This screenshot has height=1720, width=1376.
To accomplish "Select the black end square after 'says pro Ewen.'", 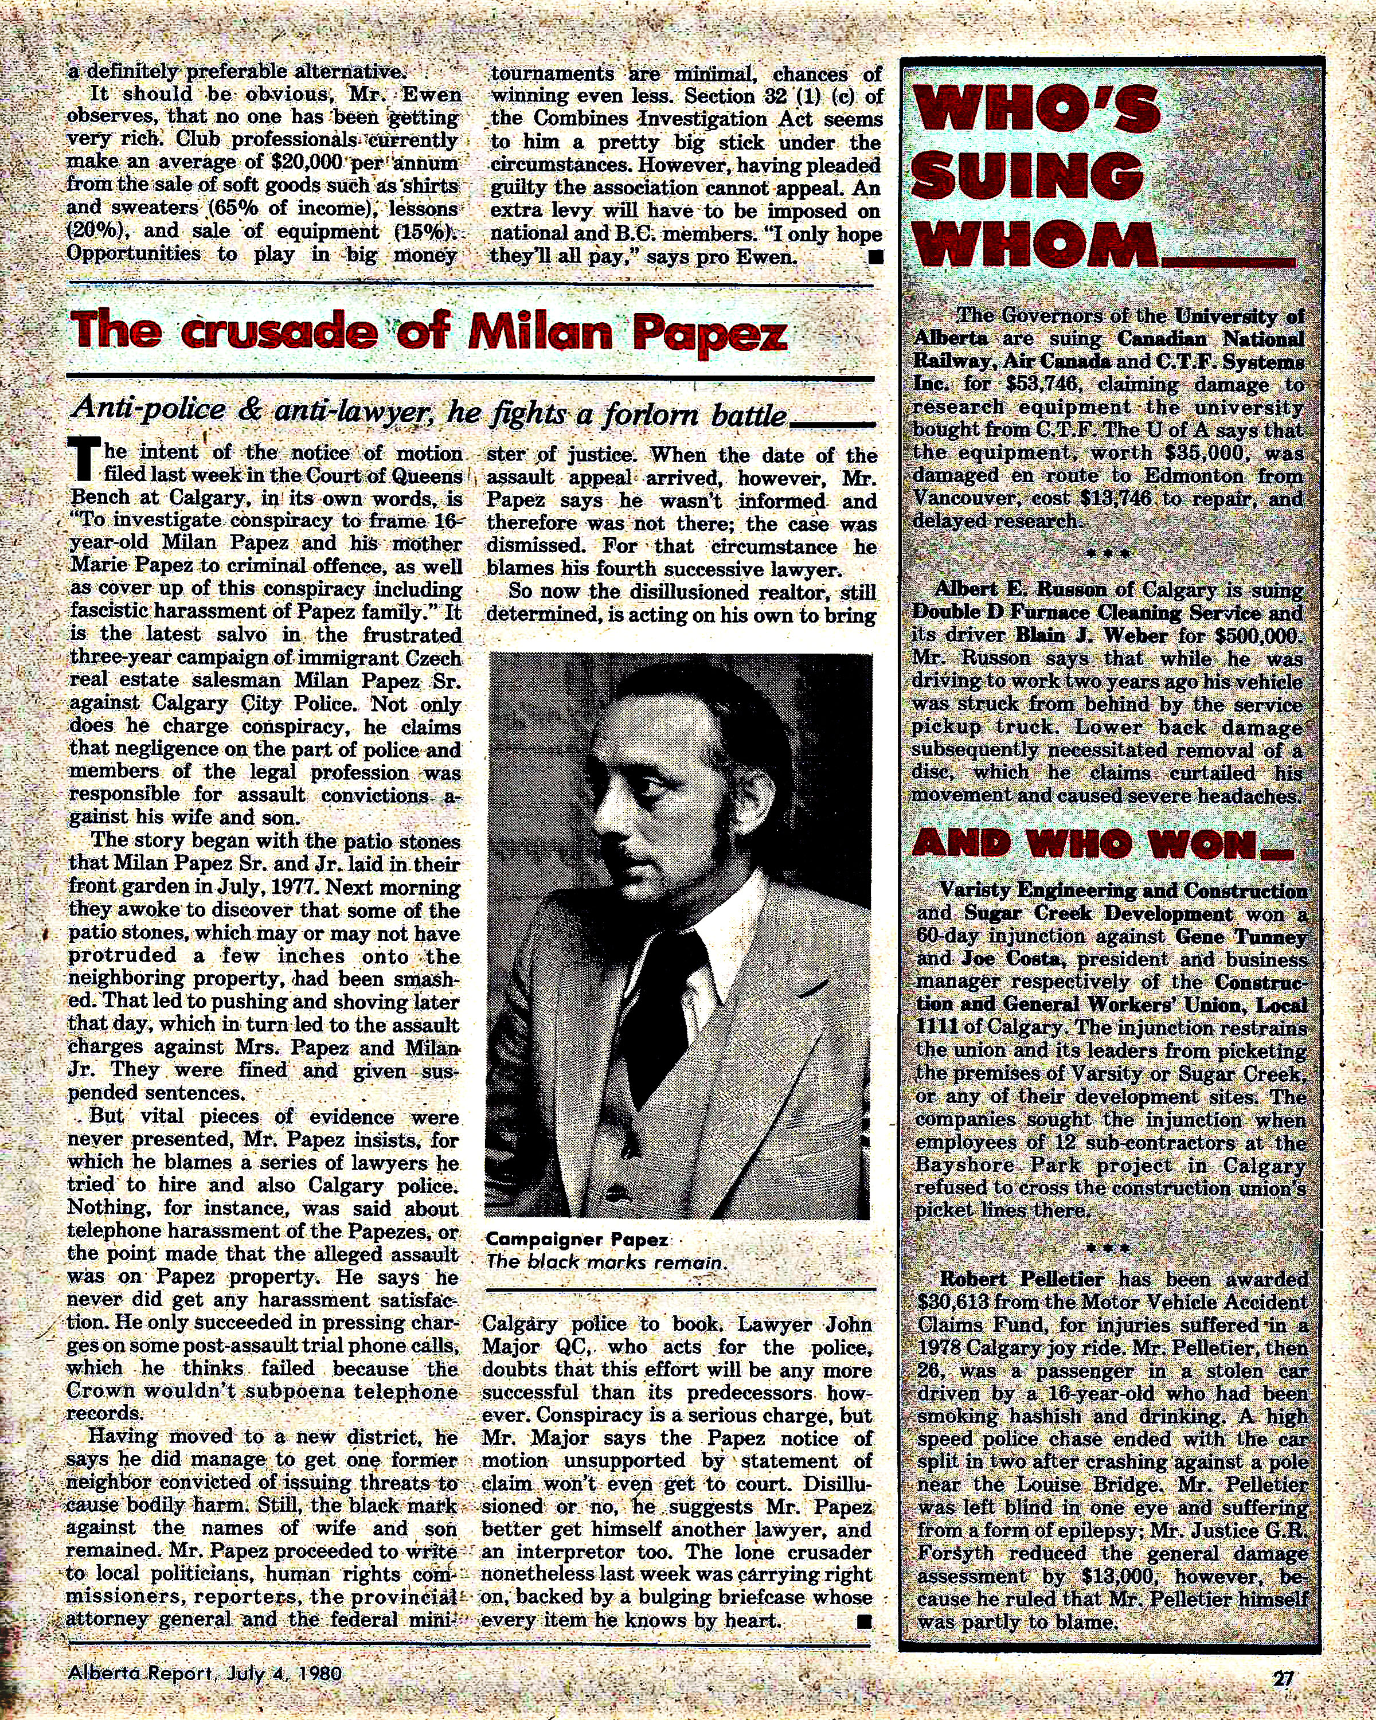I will tap(875, 256).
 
